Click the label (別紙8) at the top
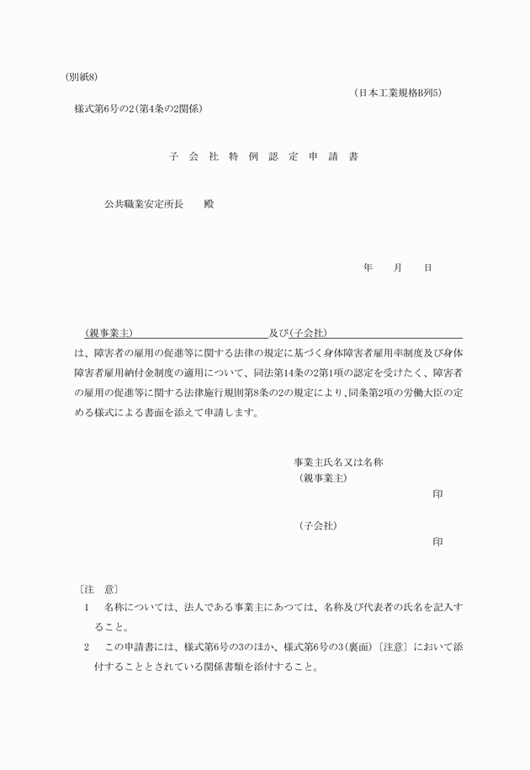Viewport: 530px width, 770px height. (x=82, y=77)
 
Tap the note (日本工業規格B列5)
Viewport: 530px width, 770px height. (x=398, y=93)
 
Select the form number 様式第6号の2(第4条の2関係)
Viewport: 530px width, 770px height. (x=139, y=109)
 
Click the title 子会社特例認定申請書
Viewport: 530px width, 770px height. (x=263, y=157)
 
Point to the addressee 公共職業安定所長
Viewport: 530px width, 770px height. (x=144, y=204)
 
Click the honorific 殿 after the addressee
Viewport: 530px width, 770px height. (x=209, y=204)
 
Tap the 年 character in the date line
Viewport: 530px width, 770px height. (x=368, y=267)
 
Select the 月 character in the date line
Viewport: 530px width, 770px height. (x=397, y=267)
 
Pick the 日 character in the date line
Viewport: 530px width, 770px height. (x=427, y=267)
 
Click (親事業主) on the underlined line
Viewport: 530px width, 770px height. (x=109, y=333)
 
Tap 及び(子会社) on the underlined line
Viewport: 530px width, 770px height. (x=298, y=333)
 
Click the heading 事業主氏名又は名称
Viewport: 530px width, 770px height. (x=339, y=462)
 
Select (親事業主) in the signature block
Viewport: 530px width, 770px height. (x=323, y=478)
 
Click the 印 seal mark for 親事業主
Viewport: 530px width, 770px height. (x=437, y=494)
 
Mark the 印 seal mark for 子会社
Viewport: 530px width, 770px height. (x=437, y=542)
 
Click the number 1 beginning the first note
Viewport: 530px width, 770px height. (x=87, y=606)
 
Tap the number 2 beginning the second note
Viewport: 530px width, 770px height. (x=87, y=647)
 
